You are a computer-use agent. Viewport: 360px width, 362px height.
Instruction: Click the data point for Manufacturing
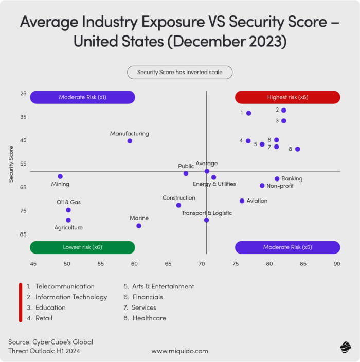tap(130, 141)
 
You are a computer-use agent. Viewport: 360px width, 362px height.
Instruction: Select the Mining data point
tap(60, 176)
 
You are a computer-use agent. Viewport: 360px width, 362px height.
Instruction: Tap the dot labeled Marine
tap(139, 226)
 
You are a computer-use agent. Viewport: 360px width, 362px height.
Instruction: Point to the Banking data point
tap(277, 179)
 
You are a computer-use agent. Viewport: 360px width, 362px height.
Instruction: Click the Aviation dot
tap(242, 201)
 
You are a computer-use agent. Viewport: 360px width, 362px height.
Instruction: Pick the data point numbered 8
tap(298, 149)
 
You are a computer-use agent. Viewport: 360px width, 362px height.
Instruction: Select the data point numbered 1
tap(249, 113)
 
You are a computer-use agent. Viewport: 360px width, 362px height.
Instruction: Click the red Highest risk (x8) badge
tap(287, 97)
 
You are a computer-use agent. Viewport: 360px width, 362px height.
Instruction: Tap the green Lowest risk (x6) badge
tap(82, 247)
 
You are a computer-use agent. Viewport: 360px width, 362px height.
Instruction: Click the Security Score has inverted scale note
tap(179, 73)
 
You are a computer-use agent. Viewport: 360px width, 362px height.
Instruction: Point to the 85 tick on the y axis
tap(23, 234)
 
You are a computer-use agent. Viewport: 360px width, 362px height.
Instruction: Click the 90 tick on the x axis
tap(337, 264)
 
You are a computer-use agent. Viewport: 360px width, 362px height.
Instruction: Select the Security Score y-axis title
tap(11, 164)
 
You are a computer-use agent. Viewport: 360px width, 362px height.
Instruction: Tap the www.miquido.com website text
tap(179, 351)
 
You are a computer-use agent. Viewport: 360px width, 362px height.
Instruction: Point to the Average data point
tap(207, 171)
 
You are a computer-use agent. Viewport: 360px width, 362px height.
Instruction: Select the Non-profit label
tap(280, 186)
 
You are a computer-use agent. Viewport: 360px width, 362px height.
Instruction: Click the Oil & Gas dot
tap(68, 210)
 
